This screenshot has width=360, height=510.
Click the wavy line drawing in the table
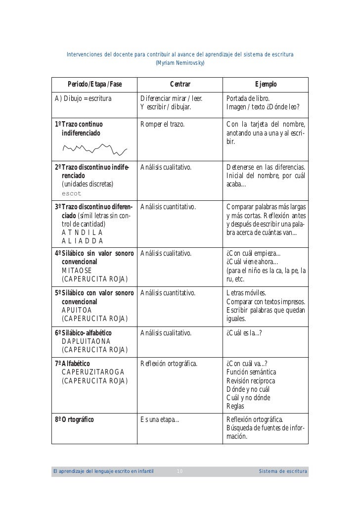[x=94, y=147]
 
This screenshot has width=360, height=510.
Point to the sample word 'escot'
[x=71, y=193]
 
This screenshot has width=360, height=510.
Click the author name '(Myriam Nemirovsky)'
[x=180, y=63]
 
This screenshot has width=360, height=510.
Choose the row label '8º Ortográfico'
[x=75, y=420]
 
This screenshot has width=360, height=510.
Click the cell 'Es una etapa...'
[x=160, y=420]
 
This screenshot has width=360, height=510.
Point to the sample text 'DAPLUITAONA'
[x=87, y=341]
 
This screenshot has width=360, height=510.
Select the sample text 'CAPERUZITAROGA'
[x=93, y=372]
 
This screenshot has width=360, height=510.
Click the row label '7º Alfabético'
[x=72, y=364]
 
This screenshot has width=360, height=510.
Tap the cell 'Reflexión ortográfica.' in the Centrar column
[x=169, y=364]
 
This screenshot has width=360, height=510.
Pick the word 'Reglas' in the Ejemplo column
[x=235, y=407]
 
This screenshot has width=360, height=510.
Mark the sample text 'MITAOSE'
[x=77, y=271]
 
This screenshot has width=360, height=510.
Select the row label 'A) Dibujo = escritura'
[x=83, y=97]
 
